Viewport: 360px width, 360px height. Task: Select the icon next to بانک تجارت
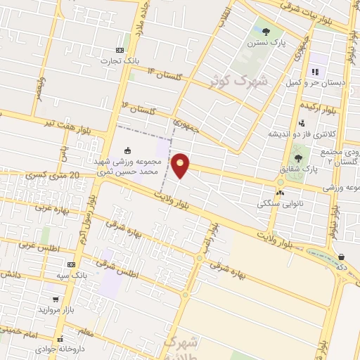tap(120, 50)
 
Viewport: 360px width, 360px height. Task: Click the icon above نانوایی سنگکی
tap(281, 191)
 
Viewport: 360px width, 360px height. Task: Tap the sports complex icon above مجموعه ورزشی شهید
tap(127, 150)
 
